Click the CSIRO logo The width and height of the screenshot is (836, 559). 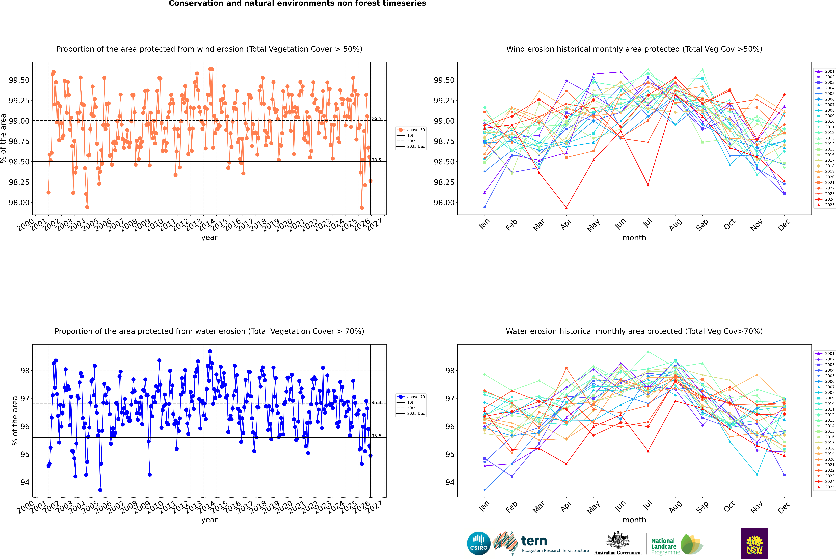coord(479,543)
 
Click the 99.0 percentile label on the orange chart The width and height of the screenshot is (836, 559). coord(376,119)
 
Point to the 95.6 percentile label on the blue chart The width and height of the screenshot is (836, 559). coord(376,436)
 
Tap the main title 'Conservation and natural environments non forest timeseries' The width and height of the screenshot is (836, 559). coord(297,4)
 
